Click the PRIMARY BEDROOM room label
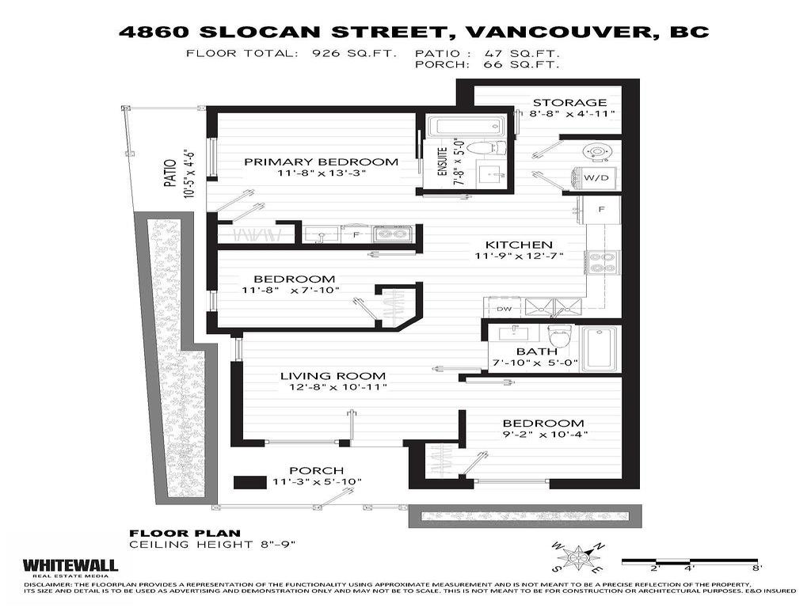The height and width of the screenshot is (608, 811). click(321, 161)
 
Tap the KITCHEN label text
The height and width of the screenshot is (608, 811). click(519, 245)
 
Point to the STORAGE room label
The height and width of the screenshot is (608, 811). click(569, 102)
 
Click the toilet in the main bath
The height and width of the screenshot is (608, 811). click(559, 336)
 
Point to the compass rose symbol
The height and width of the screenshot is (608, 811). click(582, 558)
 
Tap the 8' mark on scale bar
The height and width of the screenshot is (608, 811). click(757, 568)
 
